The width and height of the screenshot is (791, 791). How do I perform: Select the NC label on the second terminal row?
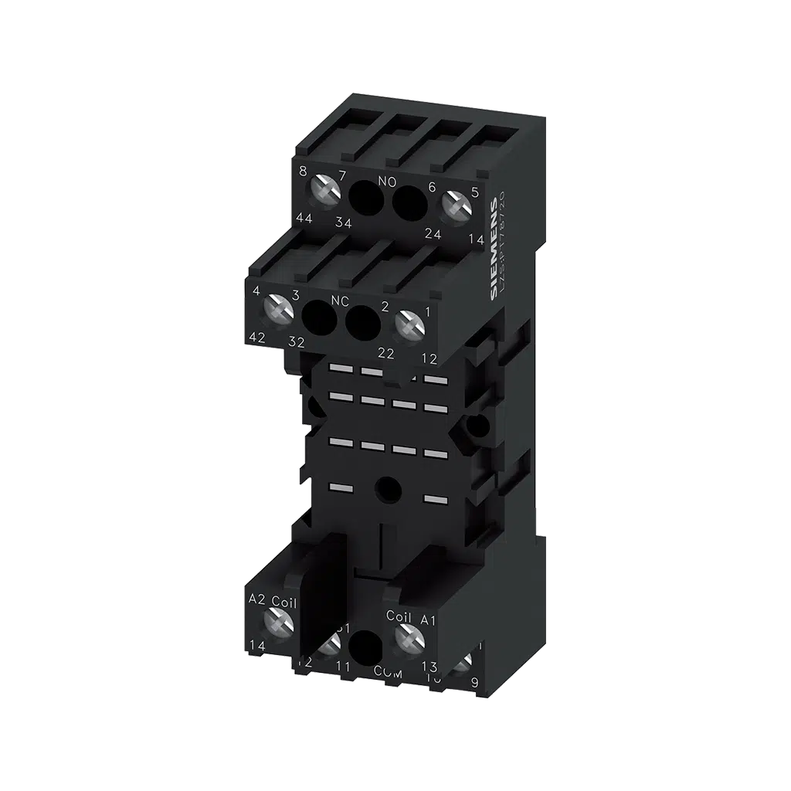tap(341, 300)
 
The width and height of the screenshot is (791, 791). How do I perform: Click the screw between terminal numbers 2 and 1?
tap(409, 324)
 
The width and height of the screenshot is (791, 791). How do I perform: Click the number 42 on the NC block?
tap(257, 336)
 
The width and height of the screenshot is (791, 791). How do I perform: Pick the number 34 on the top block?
tap(344, 224)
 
